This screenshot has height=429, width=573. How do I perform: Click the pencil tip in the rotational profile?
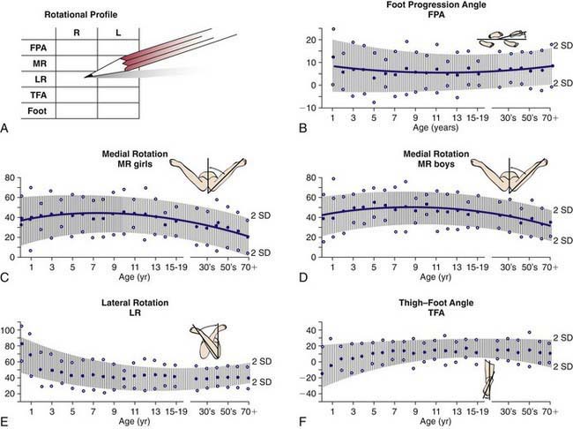point(87,77)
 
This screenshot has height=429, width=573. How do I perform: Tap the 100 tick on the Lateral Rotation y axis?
point(11,329)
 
